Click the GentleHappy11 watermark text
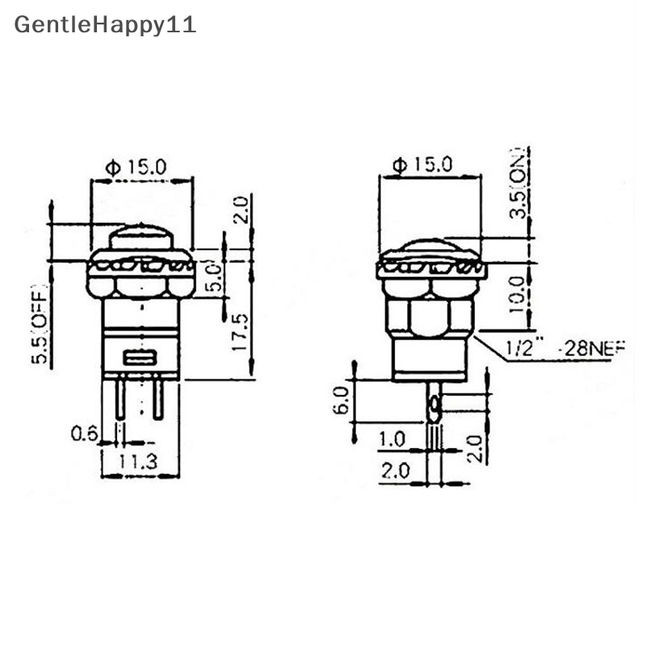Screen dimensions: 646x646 point(105,24)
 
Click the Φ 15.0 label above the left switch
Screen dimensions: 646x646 point(136,167)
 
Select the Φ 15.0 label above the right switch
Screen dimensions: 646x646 point(422,165)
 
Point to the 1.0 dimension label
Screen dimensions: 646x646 point(392,440)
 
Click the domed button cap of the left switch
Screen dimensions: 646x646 point(141,239)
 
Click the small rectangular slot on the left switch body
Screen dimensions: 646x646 point(140,358)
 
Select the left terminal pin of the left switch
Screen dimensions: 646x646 point(120,400)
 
